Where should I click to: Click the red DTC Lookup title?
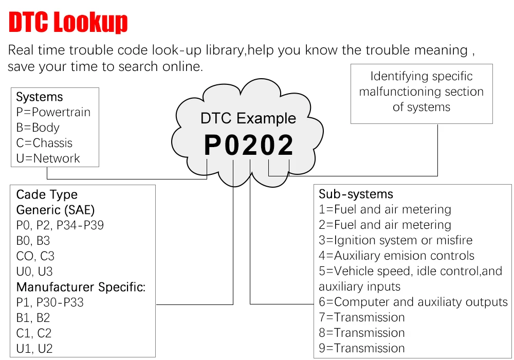pyautogui.click(x=68, y=23)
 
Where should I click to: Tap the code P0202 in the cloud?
pyautogui.click(x=249, y=145)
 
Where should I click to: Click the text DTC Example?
pyautogui.click(x=248, y=118)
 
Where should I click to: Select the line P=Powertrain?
pyautogui.click(x=53, y=112)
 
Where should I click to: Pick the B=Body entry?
pyautogui.click(x=38, y=128)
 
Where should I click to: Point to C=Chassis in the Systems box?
pyautogui.click(x=44, y=143)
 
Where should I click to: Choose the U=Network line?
pyautogui.click(x=48, y=158)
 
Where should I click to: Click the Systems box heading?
pyautogui.click(x=40, y=97)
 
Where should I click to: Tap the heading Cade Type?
pyautogui.click(x=47, y=194)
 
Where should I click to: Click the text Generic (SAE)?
pyautogui.click(x=56, y=210)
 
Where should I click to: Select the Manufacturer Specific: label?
pyautogui.click(x=81, y=287)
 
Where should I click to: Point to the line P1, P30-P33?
pyautogui.click(x=50, y=302)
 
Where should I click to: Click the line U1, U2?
pyautogui.click(x=34, y=349)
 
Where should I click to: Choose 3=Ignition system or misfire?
pyautogui.click(x=395, y=240)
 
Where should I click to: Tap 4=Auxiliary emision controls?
pyautogui.click(x=396, y=256)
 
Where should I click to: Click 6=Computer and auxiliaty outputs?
pyautogui.click(x=413, y=302)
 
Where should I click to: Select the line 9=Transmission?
pyautogui.click(x=361, y=348)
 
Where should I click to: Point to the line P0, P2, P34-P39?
pyautogui.click(x=60, y=225)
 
